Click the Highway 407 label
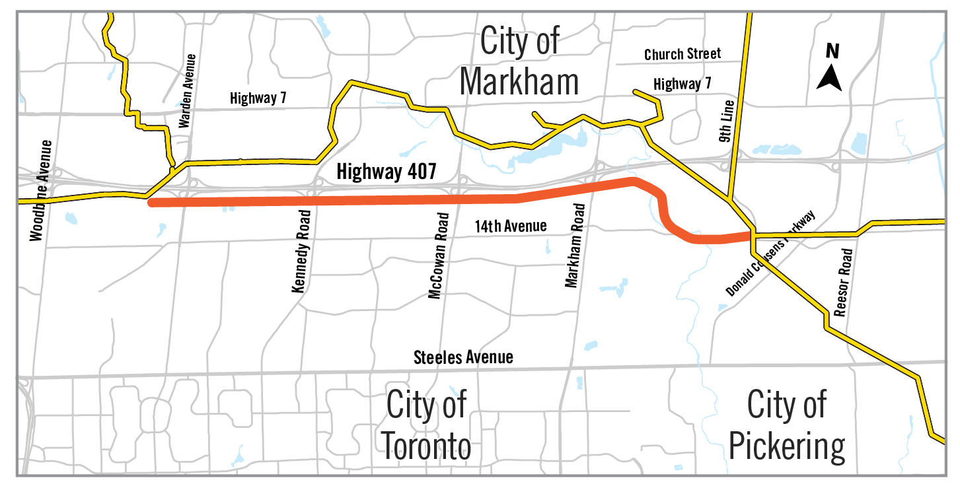point(387,172)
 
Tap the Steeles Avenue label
point(463,357)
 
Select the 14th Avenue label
point(511,226)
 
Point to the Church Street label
point(683,54)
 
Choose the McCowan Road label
point(439,255)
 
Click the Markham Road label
point(575,246)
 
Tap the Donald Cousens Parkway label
point(770,254)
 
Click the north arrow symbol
point(829,77)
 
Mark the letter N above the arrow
point(832,51)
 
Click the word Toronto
point(427,446)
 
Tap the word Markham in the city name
point(519,81)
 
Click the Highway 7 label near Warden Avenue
point(258,98)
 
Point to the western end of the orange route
point(152,203)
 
